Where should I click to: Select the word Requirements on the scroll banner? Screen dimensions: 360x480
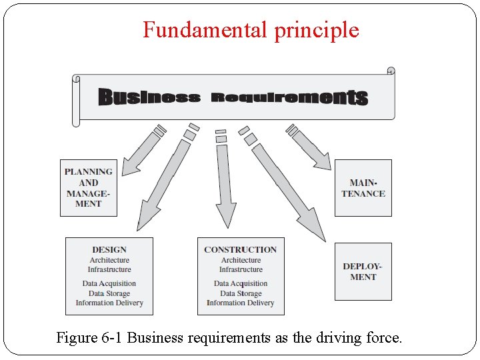tap(289, 97)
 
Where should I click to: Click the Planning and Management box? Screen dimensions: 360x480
tap(88, 188)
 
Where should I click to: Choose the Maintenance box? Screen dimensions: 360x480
tap(363, 188)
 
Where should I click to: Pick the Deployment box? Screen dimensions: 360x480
tap(363, 271)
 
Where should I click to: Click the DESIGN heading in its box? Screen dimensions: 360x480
tap(109, 249)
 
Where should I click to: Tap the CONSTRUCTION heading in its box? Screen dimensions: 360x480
tap(241, 249)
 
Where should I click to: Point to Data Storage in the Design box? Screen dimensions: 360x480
tap(109, 293)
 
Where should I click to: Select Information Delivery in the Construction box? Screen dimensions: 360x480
tap(241, 303)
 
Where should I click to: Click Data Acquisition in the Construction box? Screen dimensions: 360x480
tap(241, 283)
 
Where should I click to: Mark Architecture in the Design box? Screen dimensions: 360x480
tap(109, 260)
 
